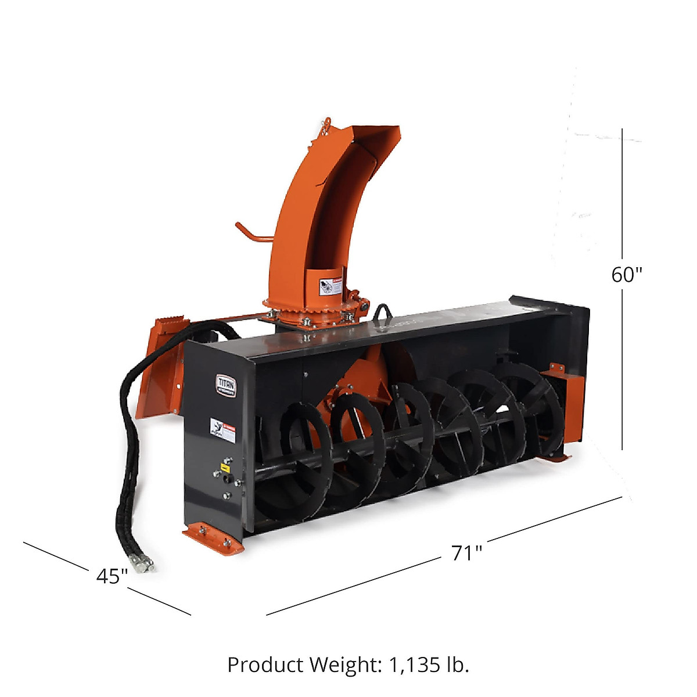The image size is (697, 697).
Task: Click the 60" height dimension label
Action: click(627, 274)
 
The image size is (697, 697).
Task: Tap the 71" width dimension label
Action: click(467, 553)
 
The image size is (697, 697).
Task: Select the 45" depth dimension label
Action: click(112, 576)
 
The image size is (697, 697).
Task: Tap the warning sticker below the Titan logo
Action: click(222, 430)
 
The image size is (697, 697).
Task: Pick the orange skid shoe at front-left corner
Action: click(212, 537)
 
